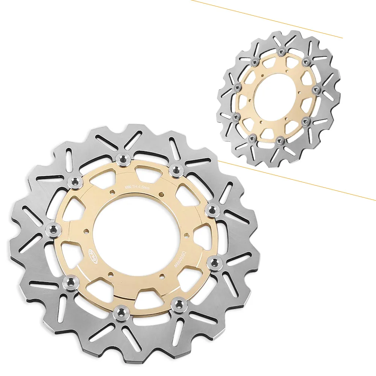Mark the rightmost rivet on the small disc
[317, 89]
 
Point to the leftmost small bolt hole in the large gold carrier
[86, 232]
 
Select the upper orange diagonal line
[267, 19]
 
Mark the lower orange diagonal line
[297, 181]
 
